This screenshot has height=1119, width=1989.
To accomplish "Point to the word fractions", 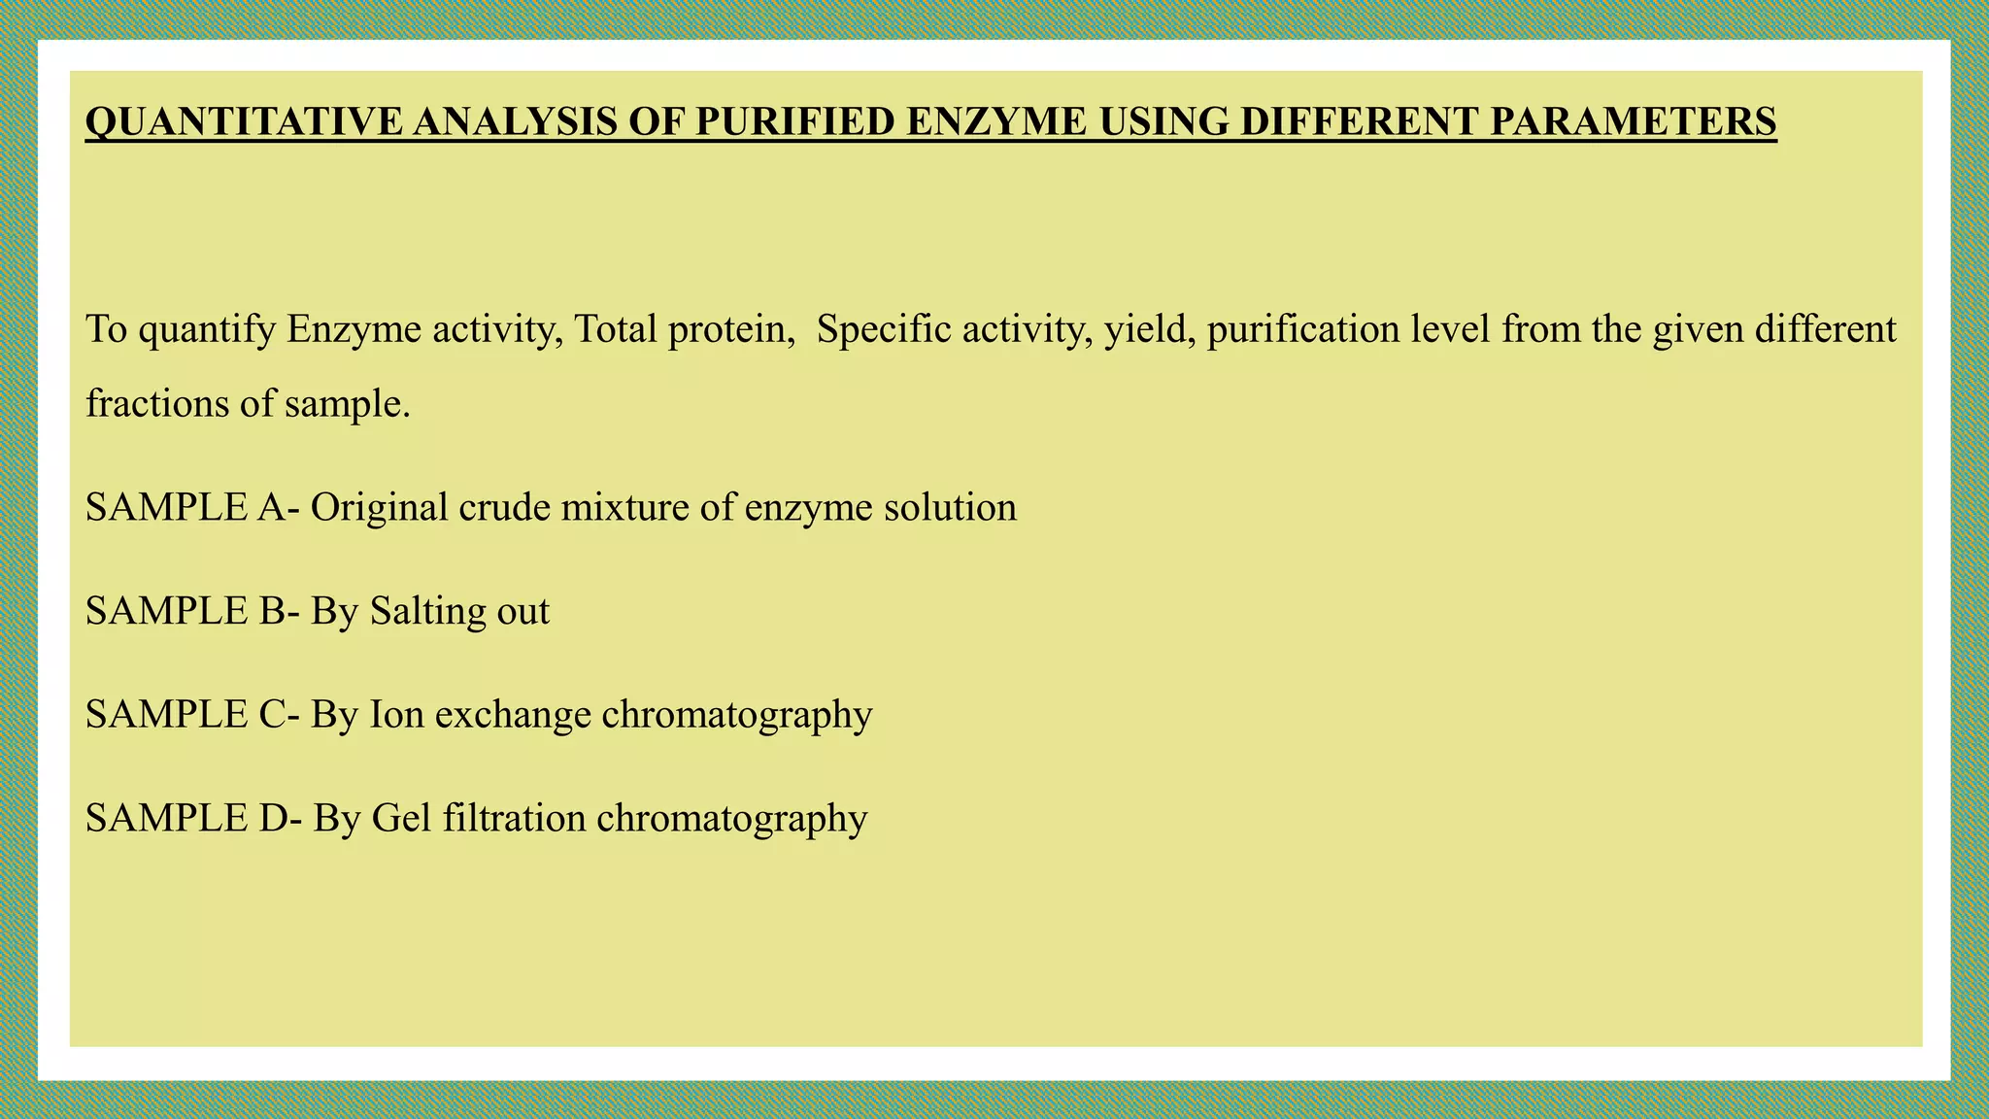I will [x=155, y=403].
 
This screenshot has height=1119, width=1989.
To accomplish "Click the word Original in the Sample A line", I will [x=379, y=507].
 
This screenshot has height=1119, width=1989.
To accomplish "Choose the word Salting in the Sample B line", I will [x=415, y=612].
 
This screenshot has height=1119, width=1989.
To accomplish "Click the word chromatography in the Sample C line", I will [x=737, y=715].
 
